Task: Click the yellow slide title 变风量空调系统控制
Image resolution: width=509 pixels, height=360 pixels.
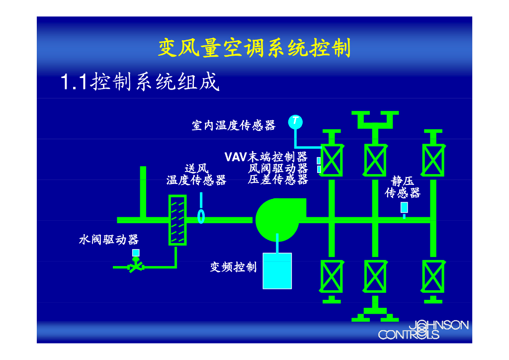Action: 254,48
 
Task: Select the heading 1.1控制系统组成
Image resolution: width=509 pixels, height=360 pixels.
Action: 139,82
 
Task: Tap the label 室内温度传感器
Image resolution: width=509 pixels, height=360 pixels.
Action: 234,125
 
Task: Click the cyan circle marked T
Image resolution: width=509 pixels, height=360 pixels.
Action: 295,121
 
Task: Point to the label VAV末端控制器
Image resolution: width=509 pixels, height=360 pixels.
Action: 266,157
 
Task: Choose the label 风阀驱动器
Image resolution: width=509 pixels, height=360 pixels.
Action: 278,169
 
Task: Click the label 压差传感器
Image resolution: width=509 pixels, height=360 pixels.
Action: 278,180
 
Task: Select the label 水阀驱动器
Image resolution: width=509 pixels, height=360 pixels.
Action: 109,240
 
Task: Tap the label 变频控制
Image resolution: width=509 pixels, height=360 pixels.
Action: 233,267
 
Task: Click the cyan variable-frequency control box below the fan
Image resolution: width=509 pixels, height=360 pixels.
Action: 277,270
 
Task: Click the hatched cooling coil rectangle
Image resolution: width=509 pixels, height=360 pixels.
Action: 177,220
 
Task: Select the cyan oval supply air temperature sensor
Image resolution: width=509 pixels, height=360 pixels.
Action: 201,216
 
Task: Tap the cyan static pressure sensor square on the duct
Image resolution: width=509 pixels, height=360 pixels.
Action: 404,207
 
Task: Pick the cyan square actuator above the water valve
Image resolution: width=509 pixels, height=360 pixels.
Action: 136,253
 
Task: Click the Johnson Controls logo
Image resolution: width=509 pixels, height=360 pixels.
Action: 423,329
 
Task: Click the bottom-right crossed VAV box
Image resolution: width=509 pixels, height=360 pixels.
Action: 433,276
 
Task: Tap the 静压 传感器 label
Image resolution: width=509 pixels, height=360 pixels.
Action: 403,187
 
